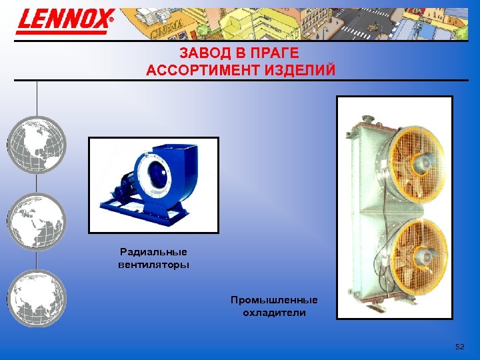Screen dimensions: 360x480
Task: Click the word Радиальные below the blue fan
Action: pos(153,251)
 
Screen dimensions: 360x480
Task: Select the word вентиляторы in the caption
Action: pos(153,265)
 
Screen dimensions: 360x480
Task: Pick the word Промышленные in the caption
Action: pos(274,300)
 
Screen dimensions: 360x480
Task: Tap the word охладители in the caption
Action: pos(274,313)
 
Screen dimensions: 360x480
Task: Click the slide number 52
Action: pos(459,347)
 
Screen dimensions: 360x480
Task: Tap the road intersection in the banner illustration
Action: pos(360,24)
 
